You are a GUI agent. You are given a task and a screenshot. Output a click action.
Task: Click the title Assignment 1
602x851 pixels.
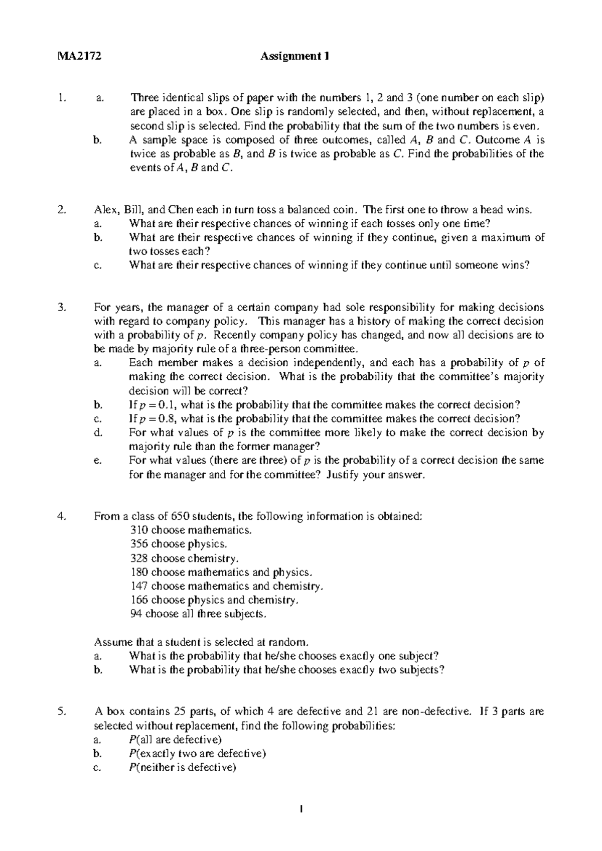(x=295, y=57)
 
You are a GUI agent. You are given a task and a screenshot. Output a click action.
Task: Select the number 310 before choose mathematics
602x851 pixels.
(x=138, y=530)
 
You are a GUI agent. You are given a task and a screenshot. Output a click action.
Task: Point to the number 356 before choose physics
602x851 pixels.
(x=138, y=544)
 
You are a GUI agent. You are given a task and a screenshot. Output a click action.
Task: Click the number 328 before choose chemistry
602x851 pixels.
(x=138, y=558)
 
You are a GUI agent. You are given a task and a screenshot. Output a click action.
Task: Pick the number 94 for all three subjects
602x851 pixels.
(x=135, y=614)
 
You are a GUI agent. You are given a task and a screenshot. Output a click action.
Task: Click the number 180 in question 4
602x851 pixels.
(x=138, y=572)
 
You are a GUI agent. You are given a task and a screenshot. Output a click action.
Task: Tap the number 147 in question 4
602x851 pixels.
(x=138, y=586)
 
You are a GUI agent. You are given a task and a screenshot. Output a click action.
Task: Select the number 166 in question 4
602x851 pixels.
(x=138, y=600)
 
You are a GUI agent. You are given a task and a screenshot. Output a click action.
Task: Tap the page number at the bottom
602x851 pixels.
(x=301, y=809)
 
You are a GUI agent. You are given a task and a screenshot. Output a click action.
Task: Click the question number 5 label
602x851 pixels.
(x=61, y=712)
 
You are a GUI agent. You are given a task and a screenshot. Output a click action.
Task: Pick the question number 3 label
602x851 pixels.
(x=61, y=308)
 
